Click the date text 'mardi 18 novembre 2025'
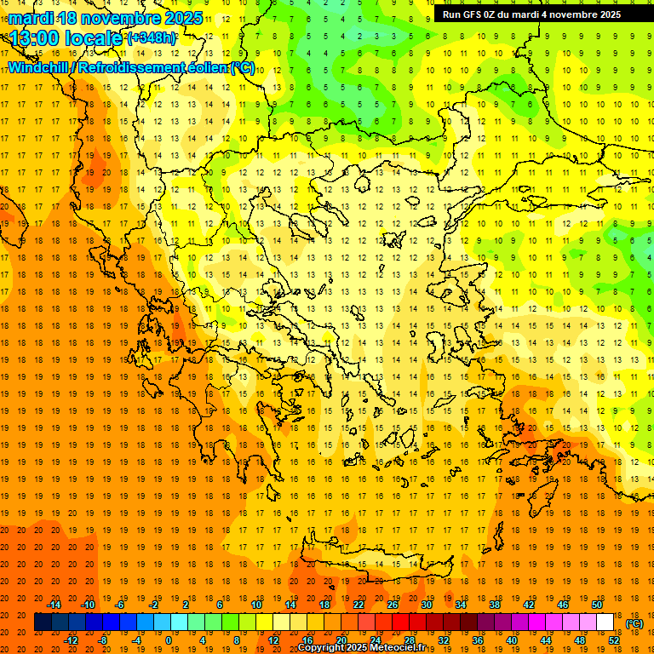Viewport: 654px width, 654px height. click(106, 18)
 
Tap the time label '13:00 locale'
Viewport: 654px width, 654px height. click(66, 38)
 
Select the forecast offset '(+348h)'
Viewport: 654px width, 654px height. click(152, 38)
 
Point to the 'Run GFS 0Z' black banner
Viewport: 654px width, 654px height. click(531, 14)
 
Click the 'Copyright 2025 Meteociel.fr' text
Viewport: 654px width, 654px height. click(361, 648)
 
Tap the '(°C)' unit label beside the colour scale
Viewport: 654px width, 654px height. click(634, 623)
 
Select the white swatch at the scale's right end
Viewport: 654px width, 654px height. click(605, 622)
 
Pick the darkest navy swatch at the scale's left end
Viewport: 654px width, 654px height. click(43, 622)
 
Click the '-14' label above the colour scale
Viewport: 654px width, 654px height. click(54, 605)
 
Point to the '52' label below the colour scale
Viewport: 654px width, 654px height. click(614, 640)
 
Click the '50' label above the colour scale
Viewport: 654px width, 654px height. click(597, 605)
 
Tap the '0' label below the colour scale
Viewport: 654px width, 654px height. click(168, 640)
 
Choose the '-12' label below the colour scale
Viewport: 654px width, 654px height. click(71, 640)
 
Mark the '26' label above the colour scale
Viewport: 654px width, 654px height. click(393, 605)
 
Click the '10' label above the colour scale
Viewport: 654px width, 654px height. click(256, 605)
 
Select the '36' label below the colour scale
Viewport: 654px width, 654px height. click(478, 640)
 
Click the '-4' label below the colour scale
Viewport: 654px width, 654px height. click(135, 640)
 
